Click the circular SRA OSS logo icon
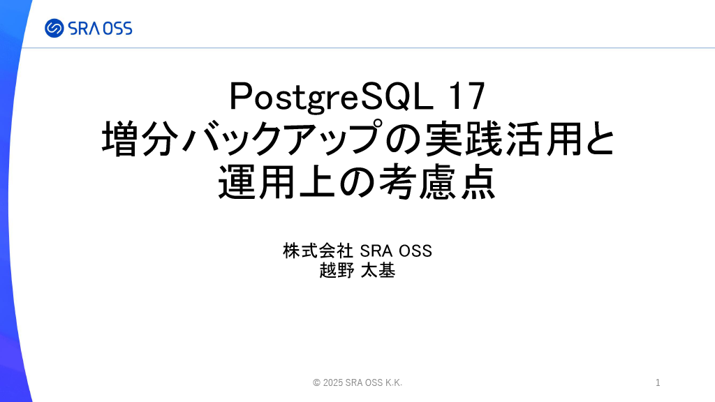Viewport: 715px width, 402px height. coord(54,28)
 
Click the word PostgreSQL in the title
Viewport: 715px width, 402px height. coord(332,96)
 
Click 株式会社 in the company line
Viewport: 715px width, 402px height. coord(318,251)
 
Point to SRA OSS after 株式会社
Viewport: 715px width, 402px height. coord(396,251)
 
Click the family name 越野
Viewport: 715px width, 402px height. coord(337,271)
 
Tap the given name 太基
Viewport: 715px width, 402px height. coord(378,271)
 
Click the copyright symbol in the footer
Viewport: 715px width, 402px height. coord(316,383)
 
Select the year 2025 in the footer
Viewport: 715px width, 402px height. coord(333,383)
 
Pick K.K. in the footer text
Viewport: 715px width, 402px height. coord(394,383)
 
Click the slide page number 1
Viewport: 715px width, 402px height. coord(658,383)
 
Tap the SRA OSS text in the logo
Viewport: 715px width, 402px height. coord(101,29)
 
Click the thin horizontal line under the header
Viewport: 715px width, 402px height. coord(369,47)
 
